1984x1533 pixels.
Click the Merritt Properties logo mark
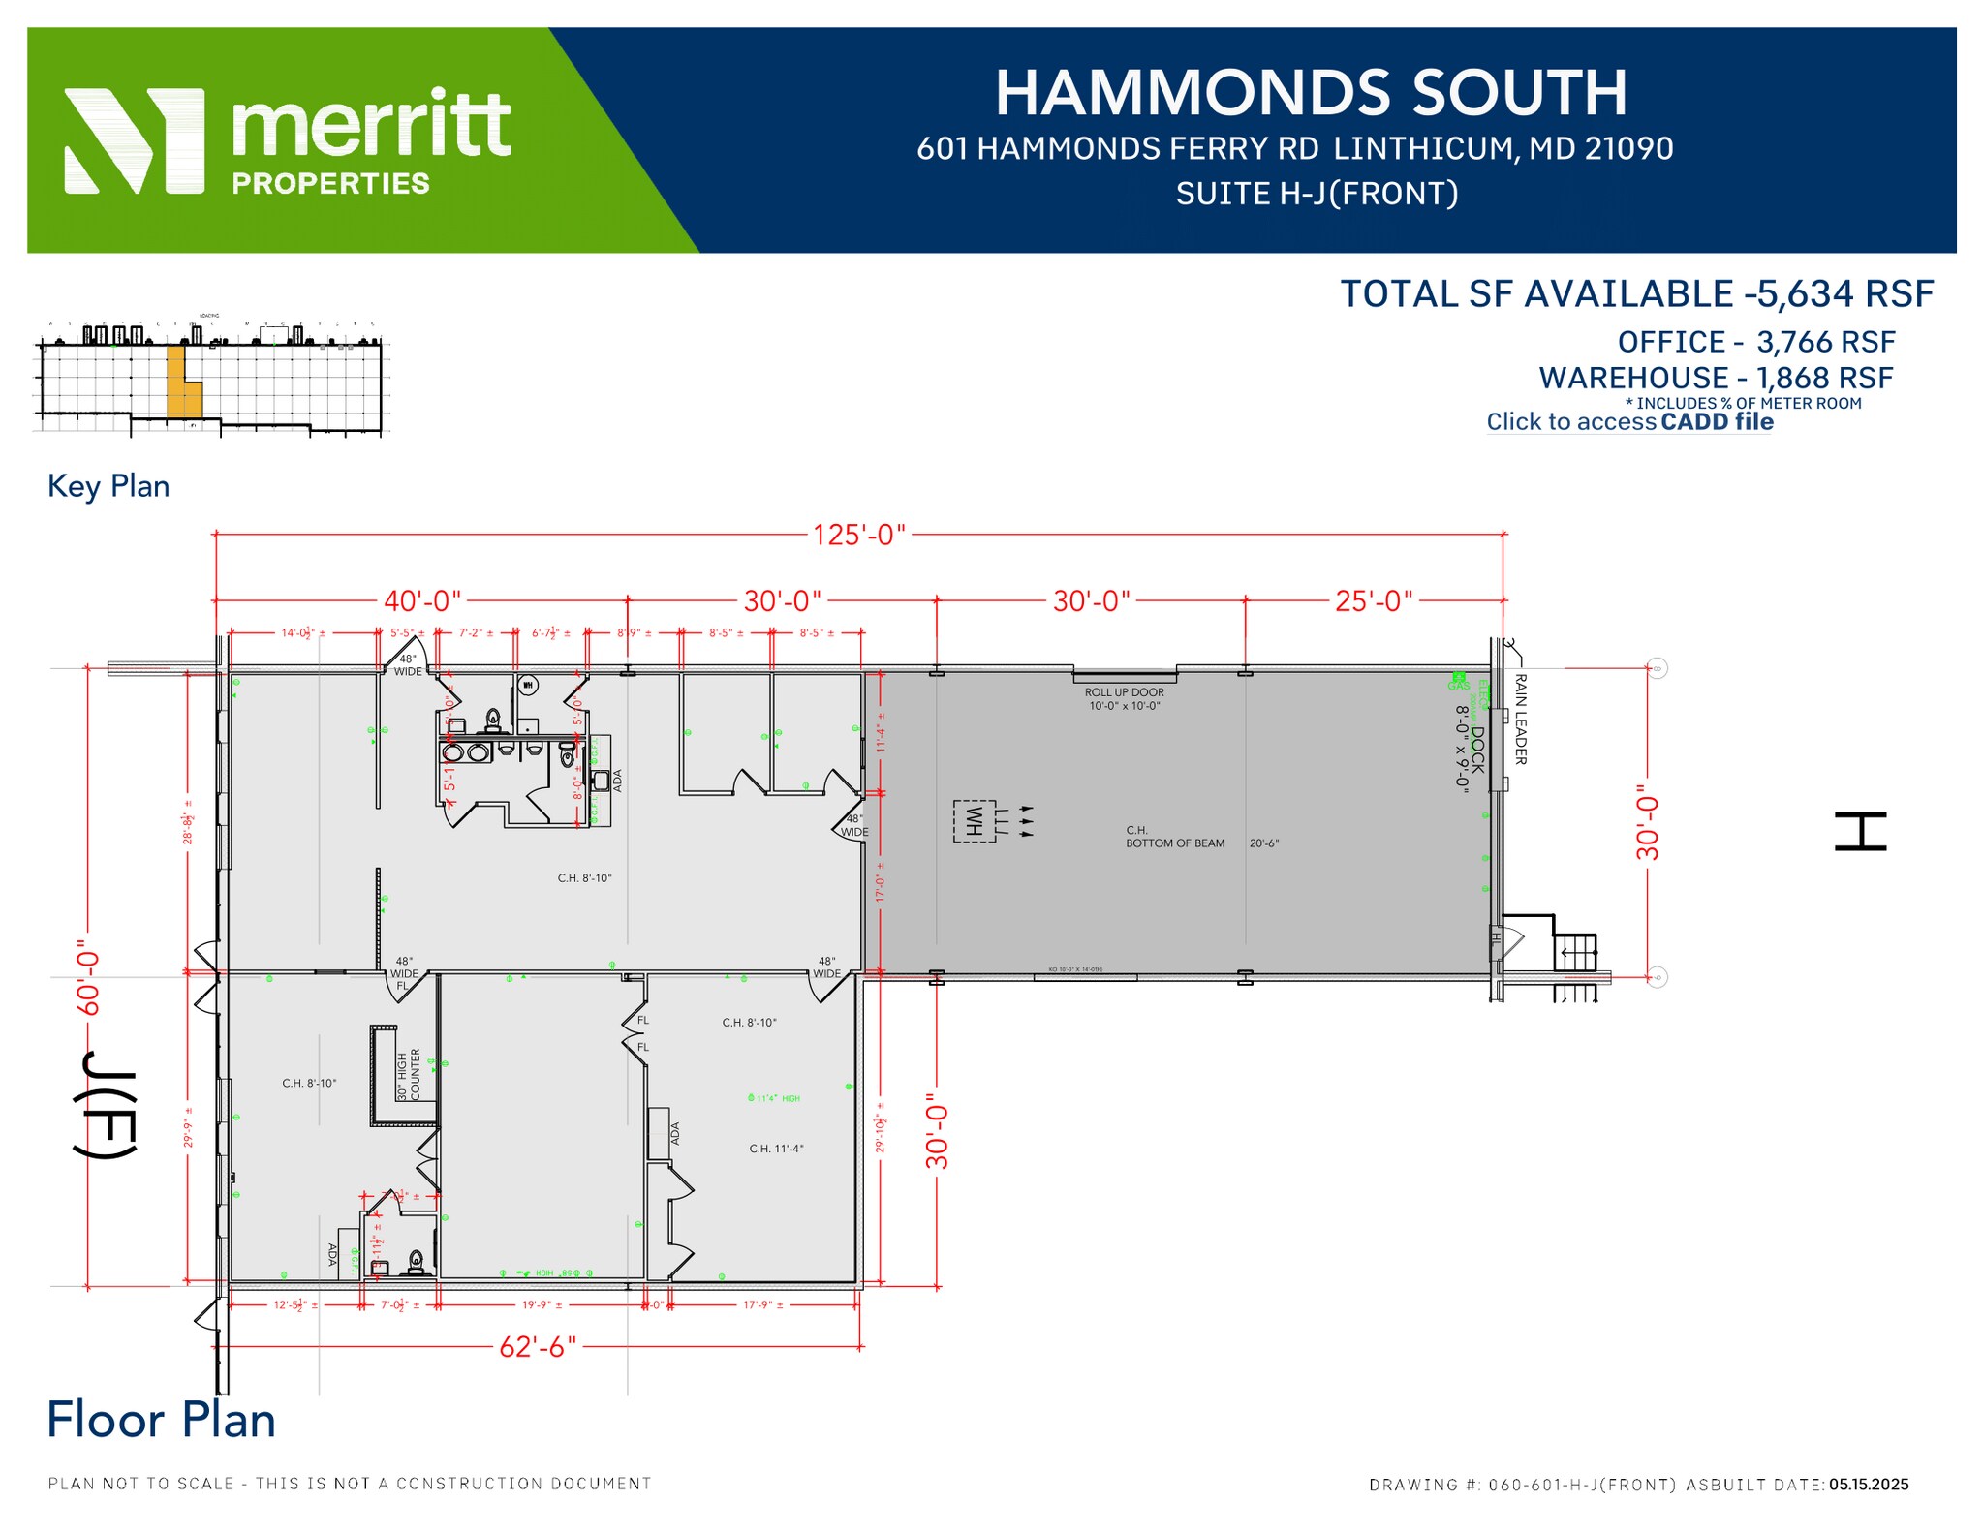[134, 141]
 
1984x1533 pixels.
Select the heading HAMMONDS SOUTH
[1311, 93]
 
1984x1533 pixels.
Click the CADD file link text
[1717, 422]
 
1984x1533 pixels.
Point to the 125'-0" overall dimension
[858, 535]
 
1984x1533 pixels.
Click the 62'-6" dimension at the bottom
[538, 1347]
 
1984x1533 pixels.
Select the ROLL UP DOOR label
[1124, 692]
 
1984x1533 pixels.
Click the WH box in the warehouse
[975, 821]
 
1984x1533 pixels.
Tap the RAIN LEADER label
[1520, 720]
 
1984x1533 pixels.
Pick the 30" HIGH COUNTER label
[409, 1075]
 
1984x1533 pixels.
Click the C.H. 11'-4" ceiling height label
[776, 1150]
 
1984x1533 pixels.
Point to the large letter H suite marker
[1860, 832]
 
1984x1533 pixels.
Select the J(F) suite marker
[105, 1104]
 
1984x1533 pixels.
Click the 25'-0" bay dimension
[1374, 601]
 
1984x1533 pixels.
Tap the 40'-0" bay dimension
[422, 601]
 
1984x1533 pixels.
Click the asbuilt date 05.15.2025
[1869, 1485]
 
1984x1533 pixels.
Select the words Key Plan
[108, 486]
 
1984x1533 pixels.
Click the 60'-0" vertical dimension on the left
[88, 978]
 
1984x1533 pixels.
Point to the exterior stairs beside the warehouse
[1575, 954]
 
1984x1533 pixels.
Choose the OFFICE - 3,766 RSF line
[1755, 342]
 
